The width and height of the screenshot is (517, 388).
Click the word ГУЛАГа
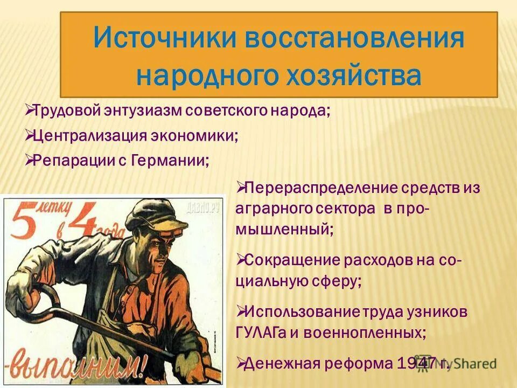261,333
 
